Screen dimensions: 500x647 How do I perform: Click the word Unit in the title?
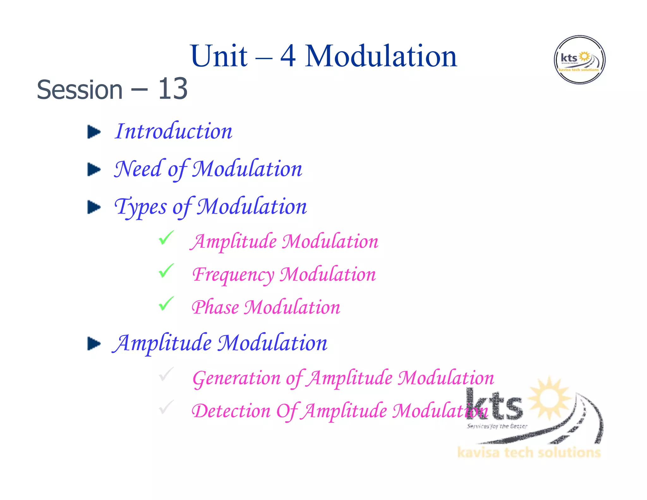pyautogui.click(x=219, y=57)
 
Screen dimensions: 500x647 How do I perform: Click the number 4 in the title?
pyautogui.click(x=288, y=57)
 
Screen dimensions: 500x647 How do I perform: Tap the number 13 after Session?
pyautogui.click(x=172, y=89)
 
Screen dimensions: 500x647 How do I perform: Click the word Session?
pyautogui.click(x=80, y=90)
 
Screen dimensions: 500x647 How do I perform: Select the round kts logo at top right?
pyautogui.click(x=579, y=60)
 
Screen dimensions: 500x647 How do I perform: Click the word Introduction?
pyautogui.click(x=174, y=131)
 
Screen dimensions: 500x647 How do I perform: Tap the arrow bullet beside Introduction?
pyautogui.click(x=94, y=132)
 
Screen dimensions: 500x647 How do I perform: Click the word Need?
pyautogui.click(x=138, y=169)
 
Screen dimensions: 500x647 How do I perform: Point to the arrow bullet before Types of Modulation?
pyautogui.click(x=94, y=207)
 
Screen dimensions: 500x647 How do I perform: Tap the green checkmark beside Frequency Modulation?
pyautogui.click(x=166, y=271)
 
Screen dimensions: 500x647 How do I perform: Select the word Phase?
pyautogui.click(x=215, y=308)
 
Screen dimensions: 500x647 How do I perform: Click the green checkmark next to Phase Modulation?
pyautogui.click(x=166, y=303)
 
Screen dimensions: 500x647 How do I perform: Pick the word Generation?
pyautogui.click(x=236, y=378)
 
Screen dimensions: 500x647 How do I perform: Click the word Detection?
pyautogui.click(x=231, y=411)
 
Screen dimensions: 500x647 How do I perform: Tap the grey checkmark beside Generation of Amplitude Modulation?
pyautogui.click(x=166, y=374)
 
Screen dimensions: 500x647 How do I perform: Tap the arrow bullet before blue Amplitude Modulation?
pyautogui.click(x=94, y=344)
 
